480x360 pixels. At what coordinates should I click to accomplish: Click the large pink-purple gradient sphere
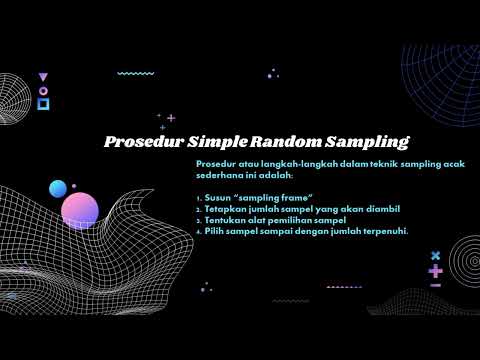(80, 210)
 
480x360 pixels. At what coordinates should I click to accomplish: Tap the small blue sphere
(58, 188)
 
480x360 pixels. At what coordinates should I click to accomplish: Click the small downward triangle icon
(42, 77)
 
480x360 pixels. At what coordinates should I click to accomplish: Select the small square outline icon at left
(42, 103)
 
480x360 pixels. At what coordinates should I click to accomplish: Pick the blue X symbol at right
(435, 255)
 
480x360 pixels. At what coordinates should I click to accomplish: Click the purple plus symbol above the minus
(435, 271)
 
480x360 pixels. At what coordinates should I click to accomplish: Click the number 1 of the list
(199, 197)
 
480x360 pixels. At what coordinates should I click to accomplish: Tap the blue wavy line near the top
(136, 74)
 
